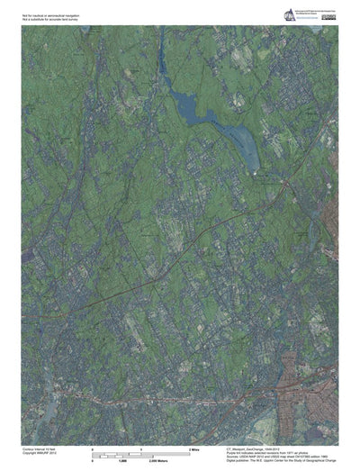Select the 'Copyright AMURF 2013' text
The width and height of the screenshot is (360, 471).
(x=40, y=452)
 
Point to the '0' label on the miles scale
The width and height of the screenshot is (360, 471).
(x=94, y=448)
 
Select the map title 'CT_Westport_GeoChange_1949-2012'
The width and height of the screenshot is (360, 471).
(x=256, y=448)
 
